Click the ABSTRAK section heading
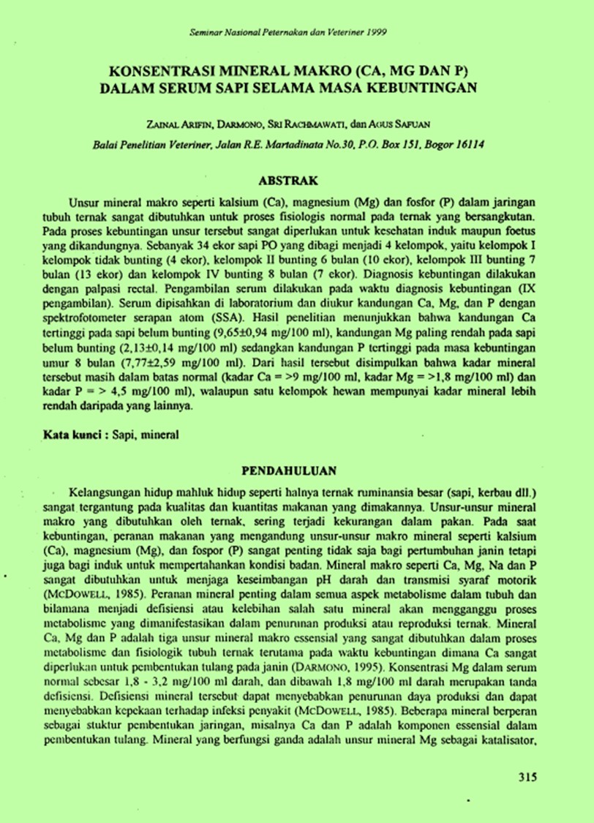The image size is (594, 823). (296, 178)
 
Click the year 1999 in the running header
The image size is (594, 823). (375, 33)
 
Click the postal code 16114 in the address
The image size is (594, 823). (469, 144)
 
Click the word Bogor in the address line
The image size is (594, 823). (432, 144)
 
